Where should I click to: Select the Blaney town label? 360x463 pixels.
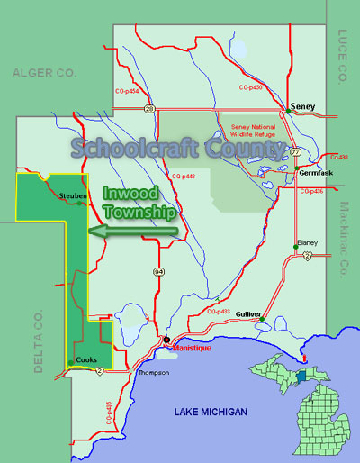click(x=310, y=244)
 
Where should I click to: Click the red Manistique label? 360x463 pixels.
click(x=192, y=347)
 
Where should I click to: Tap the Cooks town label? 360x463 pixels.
click(x=86, y=360)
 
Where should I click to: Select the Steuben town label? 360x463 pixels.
click(x=72, y=195)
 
